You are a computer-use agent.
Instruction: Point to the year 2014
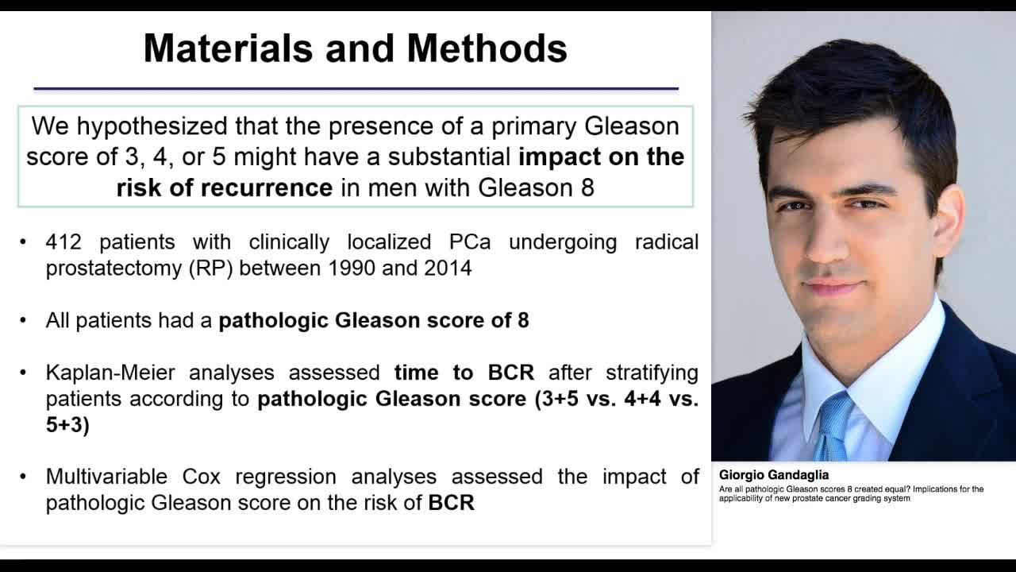448,268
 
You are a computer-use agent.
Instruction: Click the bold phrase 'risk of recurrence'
225,187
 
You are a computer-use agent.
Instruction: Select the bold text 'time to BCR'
464,373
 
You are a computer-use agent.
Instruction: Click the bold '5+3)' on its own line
67,424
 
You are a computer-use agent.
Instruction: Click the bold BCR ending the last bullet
451,503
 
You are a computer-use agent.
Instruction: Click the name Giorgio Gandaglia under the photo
774,475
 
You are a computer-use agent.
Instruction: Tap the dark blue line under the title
356,89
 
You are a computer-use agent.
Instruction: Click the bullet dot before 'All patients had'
24,321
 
